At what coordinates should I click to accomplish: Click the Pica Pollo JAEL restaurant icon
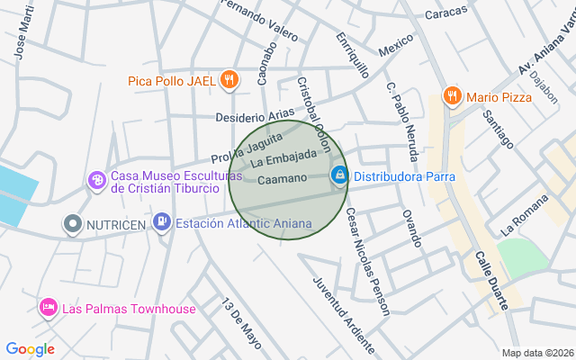point(229,80)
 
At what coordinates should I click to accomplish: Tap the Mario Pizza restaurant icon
point(452,95)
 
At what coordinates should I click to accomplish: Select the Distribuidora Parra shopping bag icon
point(339,175)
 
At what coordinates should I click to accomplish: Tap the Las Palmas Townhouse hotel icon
point(49,309)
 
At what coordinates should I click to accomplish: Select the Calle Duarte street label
point(491,280)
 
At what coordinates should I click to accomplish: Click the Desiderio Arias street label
point(255,116)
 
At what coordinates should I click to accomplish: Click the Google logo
point(30,349)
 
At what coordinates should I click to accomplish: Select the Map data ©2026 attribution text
point(537,353)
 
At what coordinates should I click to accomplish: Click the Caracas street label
point(446,13)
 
